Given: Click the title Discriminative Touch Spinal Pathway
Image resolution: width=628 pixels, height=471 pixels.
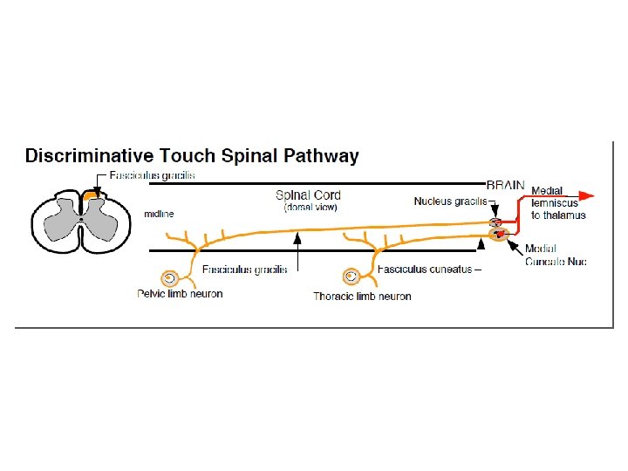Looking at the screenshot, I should pos(192,157).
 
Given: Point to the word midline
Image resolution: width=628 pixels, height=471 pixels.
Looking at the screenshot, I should pos(159,214).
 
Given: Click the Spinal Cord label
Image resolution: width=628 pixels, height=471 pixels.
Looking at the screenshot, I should pos(308,195).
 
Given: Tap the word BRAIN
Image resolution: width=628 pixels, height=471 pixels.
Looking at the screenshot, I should pos(505,185).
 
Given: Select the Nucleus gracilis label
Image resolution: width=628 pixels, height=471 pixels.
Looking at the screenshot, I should pos(450,201).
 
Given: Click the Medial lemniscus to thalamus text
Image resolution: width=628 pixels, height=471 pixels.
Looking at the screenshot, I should pos(558,202).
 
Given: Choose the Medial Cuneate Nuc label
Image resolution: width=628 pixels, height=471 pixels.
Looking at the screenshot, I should pos(556,256).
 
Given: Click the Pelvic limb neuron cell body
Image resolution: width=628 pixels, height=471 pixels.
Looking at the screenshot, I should pos(169,278).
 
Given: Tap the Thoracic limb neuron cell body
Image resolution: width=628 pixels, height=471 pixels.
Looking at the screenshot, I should pos(352,276).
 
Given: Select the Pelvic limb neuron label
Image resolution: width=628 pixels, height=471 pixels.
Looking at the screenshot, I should pos(180,294).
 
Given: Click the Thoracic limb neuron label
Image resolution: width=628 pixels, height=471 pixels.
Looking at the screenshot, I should pos(362,297).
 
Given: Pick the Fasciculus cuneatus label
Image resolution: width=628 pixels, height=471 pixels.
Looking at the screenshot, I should pos(428,270).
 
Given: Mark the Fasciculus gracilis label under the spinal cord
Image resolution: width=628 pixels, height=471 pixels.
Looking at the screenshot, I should pos(244,270).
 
